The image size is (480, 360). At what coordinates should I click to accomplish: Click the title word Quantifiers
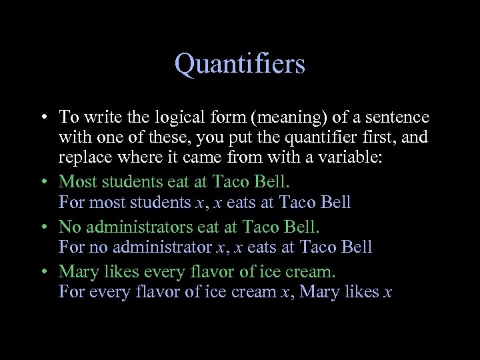click(239, 65)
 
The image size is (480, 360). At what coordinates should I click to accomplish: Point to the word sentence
click(397, 118)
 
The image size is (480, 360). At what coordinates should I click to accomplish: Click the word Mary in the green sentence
click(77, 271)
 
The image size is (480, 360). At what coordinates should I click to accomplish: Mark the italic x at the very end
click(388, 293)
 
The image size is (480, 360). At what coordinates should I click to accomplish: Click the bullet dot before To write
click(42, 119)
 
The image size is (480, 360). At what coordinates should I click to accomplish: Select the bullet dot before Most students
click(42, 182)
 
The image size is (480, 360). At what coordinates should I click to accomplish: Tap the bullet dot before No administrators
click(42, 227)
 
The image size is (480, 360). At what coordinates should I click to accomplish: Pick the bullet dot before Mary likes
click(42, 272)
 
